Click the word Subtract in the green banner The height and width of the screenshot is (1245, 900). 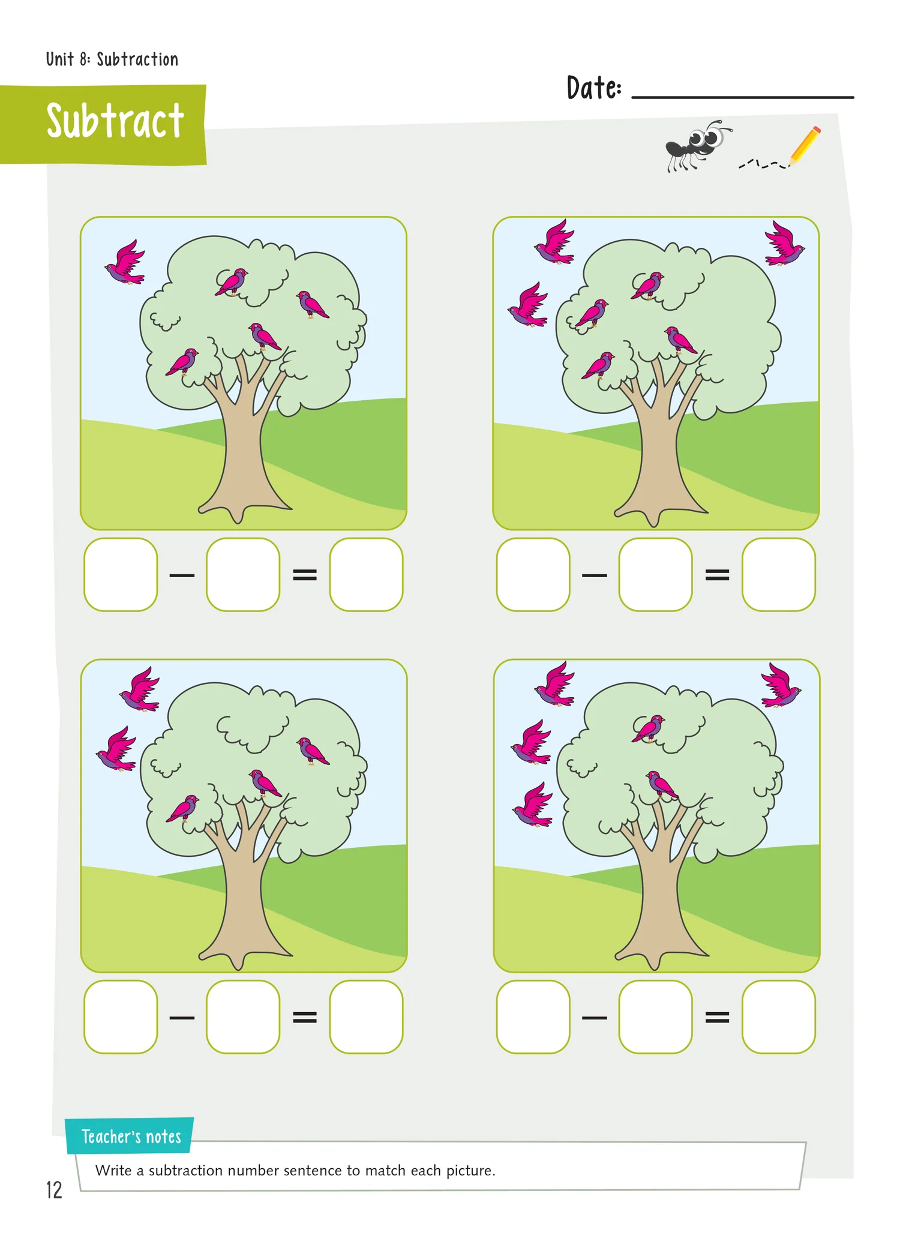(x=115, y=121)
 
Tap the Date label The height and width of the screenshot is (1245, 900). (x=594, y=88)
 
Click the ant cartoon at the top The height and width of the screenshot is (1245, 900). (x=697, y=145)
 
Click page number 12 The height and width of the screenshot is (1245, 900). (x=54, y=1190)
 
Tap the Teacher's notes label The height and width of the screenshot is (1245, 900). (x=131, y=1136)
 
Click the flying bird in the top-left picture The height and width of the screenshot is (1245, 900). (x=125, y=262)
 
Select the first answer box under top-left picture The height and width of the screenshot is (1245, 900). (x=121, y=574)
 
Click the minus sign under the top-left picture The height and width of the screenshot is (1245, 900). (x=182, y=575)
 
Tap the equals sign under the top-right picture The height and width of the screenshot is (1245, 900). (x=717, y=575)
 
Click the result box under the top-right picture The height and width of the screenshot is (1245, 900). (x=778, y=574)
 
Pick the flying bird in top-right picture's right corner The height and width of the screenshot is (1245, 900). (x=784, y=244)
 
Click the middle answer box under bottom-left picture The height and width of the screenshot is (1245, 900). (x=243, y=1017)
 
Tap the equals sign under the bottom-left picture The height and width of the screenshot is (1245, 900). (x=305, y=1017)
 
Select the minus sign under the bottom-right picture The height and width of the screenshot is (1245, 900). (x=595, y=1018)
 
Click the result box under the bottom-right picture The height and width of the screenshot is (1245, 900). (x=778, y=1017)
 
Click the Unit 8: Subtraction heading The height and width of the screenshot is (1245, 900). (x=112, y=59)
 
